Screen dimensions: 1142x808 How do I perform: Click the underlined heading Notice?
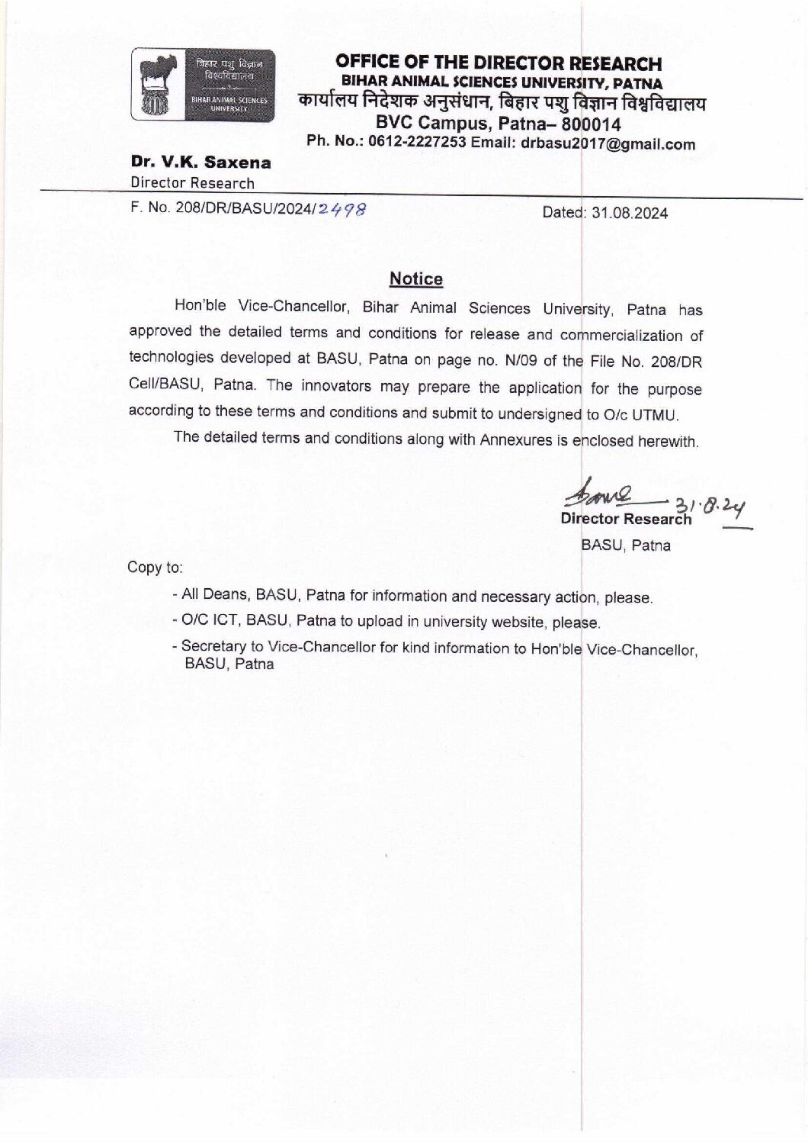[x=415, y=279]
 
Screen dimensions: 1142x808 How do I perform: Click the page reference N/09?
[x=515, y=360]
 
